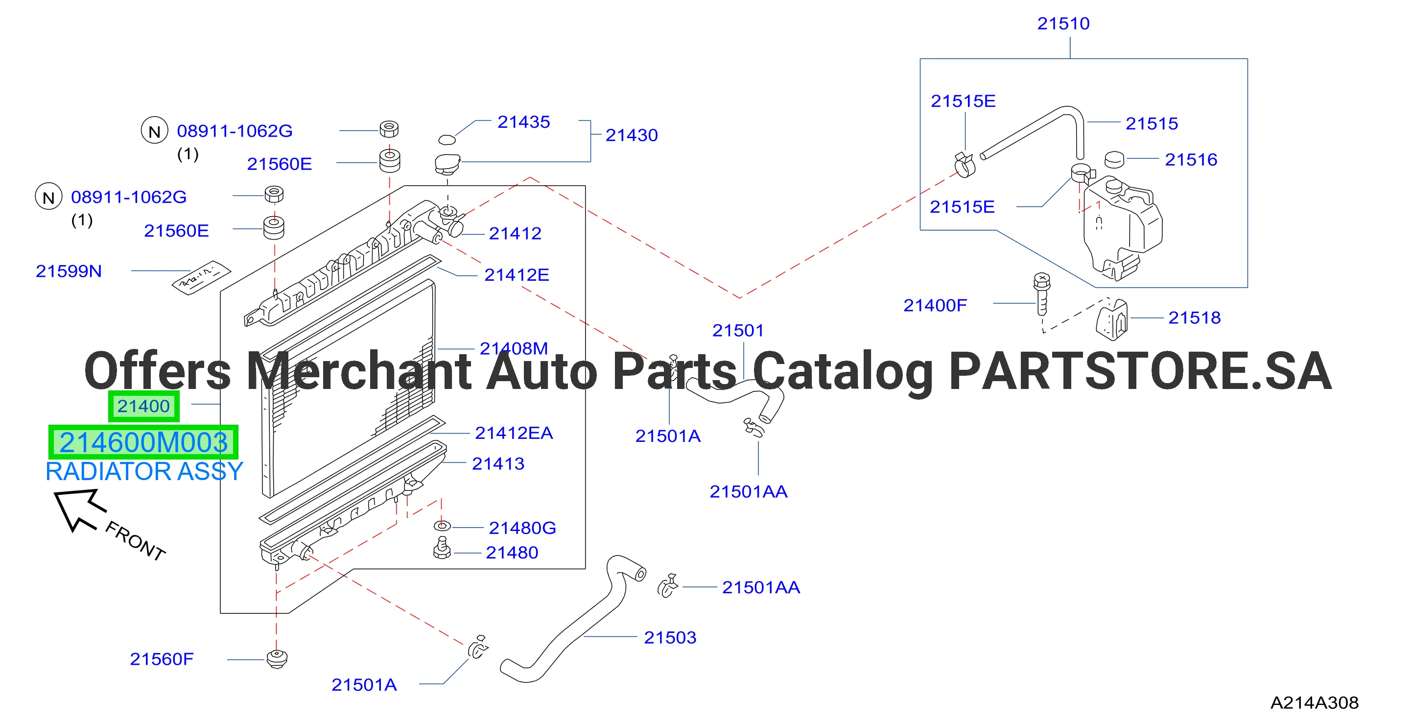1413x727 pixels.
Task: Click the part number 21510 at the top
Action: click(1063, 24)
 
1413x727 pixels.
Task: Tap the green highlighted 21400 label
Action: click(144, 406)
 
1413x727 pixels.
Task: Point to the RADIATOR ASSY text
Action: click(144, 471)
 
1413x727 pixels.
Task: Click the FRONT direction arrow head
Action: click(74, 508)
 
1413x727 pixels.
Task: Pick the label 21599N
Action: click(69, 271)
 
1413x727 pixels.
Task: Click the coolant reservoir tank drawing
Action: click(1122, 228)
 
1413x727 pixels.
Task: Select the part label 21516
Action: click(1191, 160)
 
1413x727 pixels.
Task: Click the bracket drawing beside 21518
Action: click(1112, 320)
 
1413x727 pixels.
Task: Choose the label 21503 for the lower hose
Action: click(670, 637)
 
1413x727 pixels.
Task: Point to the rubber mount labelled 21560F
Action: click(277, 658)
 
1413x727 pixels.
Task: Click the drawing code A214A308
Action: click(1314, 703)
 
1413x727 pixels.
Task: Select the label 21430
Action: click(632, 135)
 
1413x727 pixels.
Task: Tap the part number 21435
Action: click(523, 122)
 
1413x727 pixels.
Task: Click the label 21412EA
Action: click(514, 433)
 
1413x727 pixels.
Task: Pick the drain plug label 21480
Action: click(512, 553)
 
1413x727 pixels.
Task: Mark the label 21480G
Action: click(522, 528)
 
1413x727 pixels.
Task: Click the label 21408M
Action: click(514, 348)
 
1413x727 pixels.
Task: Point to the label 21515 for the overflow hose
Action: click(1152, 123)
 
